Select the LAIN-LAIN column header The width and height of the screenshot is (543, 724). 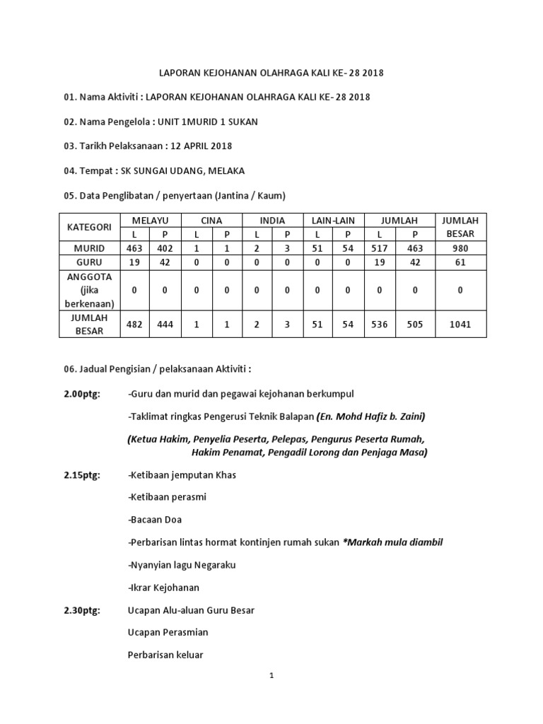pos(333,221)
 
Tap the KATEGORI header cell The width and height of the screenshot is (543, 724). pos(89,227)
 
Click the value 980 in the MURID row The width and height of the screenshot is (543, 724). pos(461,248)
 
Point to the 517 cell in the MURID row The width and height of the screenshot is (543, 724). pos(379,248)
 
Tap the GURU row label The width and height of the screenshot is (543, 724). pos(89,262)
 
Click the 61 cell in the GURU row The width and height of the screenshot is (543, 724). pos(461,262)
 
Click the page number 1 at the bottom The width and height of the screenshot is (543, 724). pos(271,676)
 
